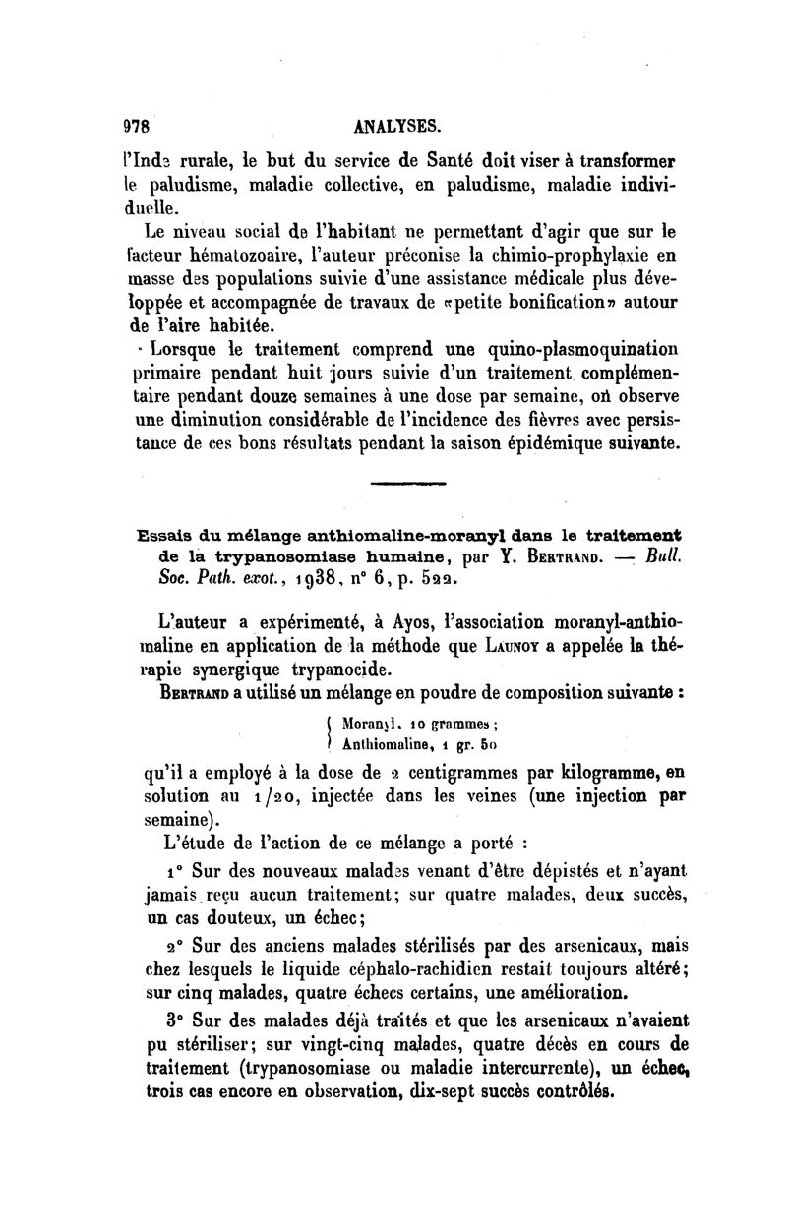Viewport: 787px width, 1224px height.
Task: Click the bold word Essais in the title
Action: [165, 536]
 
